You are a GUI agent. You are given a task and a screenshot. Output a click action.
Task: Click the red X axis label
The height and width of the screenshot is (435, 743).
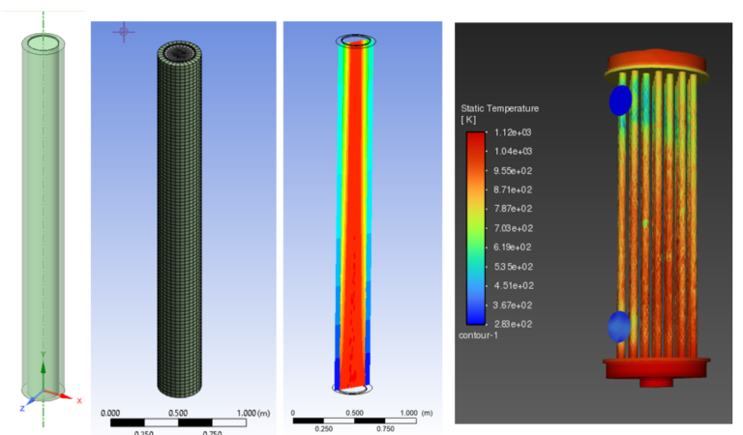tap(79, 400)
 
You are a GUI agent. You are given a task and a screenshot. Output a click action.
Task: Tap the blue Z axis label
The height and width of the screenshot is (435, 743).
tap(21, 408)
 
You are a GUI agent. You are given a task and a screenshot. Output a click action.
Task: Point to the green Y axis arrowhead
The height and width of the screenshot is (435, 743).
tap(43, 367)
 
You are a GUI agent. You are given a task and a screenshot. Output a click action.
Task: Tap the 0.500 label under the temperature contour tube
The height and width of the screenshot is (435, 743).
tap(354, 412)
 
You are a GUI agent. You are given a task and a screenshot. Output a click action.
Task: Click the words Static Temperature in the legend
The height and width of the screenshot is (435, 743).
tap(499, 108)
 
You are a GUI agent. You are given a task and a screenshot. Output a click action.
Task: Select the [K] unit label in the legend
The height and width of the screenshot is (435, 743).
tap(469, 120)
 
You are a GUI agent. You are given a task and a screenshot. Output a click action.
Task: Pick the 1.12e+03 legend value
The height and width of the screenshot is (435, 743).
tap(512, 132)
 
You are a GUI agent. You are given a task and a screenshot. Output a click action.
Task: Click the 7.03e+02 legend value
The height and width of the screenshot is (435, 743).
tap(512, 228)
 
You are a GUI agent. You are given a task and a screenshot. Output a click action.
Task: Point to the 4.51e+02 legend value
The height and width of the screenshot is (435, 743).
tap(512, 285)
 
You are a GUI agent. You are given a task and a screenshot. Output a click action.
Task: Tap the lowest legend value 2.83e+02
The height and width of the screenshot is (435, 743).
tap(512, 324)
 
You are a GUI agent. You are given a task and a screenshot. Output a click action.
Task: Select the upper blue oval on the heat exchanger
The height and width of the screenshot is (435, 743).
tap(619, 100)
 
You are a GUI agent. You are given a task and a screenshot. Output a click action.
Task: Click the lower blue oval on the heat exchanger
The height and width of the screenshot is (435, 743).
tap(619, 327)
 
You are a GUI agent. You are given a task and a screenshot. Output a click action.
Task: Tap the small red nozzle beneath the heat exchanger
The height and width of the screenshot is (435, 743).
tap(656, 382)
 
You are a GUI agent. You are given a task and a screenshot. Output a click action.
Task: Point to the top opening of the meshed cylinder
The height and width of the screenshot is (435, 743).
tap(180, 51)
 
